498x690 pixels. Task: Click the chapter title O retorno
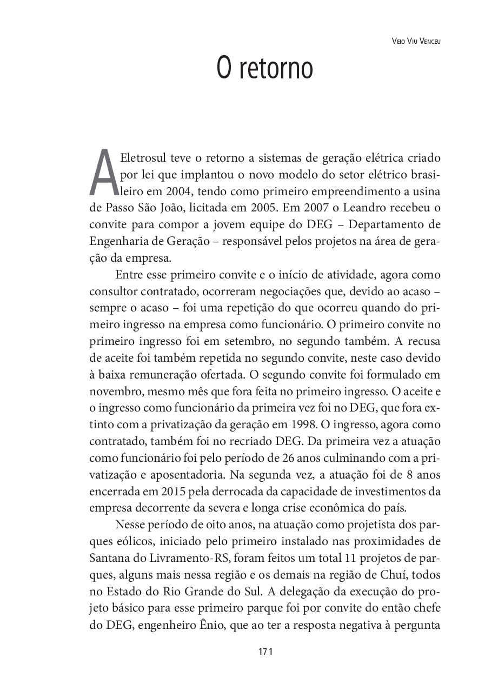(x=264, y=69)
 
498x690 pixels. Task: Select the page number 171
(x=264, y=651)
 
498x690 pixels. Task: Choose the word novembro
(x=112, y=390)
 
